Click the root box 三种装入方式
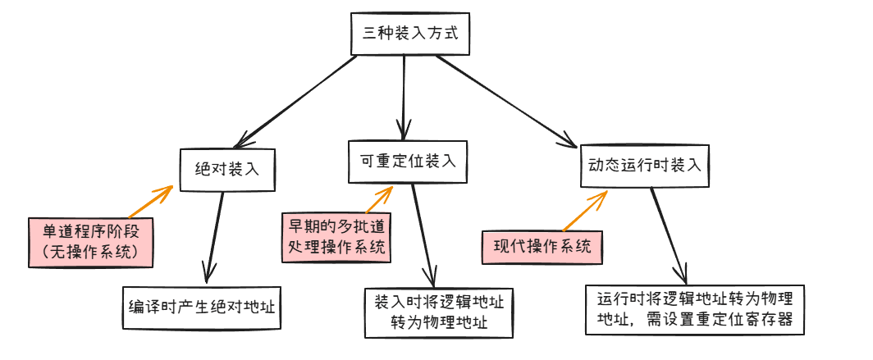coord(410,34)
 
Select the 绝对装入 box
coord(226,170)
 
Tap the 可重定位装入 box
coord(407,161)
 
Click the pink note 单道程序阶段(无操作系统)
coord(90,241)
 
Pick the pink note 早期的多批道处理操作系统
coord(336,235)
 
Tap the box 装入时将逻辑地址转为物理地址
coord(439,312)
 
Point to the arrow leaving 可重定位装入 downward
coord(424,233)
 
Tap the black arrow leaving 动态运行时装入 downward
coord(669,235)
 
